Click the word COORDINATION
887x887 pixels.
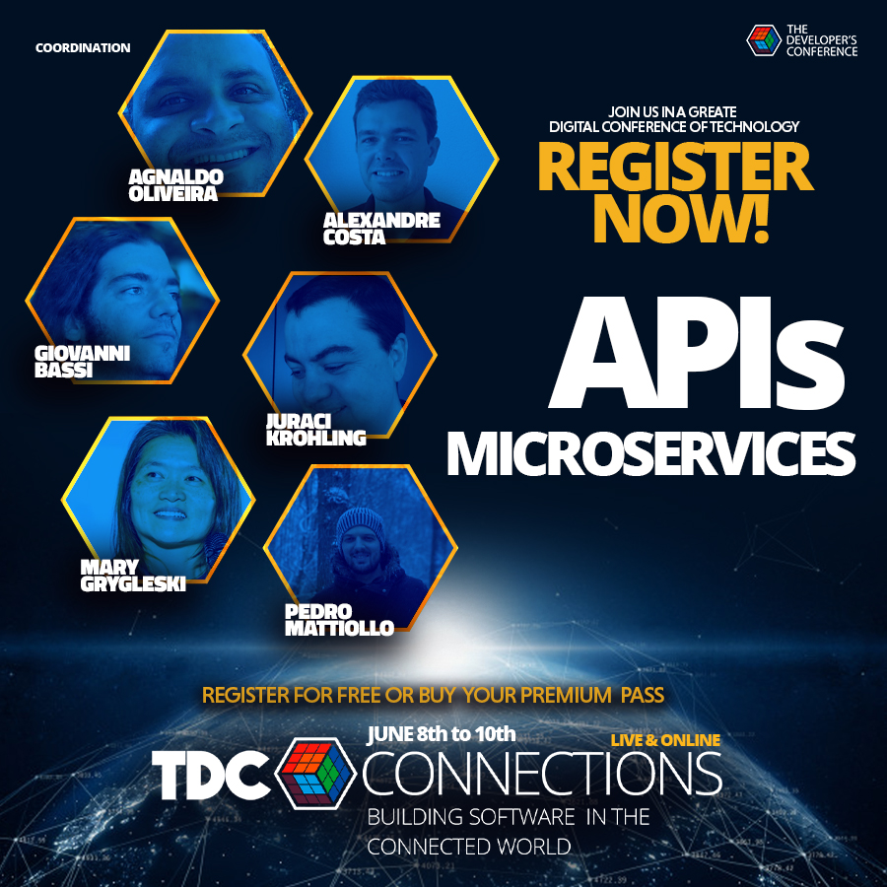tap(83, 47)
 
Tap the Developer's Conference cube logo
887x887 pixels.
tap(764, 40)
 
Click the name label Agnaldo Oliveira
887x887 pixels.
tap(175, 184)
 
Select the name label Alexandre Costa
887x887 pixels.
tap(380, 228)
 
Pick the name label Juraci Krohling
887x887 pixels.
tap(315, 430)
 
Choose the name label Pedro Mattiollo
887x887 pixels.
tap(339, 619)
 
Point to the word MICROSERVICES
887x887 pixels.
tap(650, 452)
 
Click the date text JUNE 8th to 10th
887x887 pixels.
tap(442, 733)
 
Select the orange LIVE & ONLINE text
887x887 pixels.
tap(665, 739)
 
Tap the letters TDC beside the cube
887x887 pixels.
tap(212, 777)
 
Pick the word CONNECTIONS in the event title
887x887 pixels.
tap(542, 776)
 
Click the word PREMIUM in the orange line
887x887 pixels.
tap(564, 695)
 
